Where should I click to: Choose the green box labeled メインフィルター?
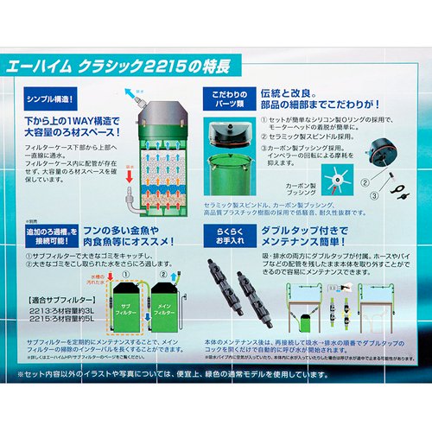(x=162, y=306)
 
